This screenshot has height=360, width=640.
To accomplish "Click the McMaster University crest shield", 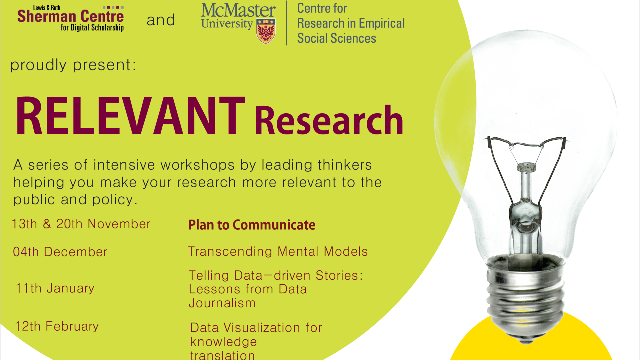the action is click(266, 31).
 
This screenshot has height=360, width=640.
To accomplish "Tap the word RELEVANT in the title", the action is click(130, 116).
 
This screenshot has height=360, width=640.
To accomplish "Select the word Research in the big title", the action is click(329, 120).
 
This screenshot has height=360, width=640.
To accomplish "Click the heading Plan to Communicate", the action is click(252, 225).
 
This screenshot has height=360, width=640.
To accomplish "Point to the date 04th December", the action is click(60, 252).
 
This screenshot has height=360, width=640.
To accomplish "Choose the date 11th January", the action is click(55, 288).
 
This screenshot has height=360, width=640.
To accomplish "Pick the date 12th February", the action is click(57, 326).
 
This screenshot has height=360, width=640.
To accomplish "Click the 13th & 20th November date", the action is click(81, 224).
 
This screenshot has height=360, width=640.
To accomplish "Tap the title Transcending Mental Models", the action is click(278, 251).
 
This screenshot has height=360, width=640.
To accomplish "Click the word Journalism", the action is click(222, 303).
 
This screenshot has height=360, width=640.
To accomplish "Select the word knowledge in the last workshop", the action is click(223, 342).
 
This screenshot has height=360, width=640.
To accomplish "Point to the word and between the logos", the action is click(161, 20).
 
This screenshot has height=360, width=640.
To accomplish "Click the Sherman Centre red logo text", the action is click(70, 16).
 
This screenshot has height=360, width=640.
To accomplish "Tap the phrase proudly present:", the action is click(73, 65).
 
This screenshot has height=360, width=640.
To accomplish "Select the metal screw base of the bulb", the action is click(526, 298).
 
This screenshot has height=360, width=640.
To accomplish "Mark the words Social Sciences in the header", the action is click(336, 38).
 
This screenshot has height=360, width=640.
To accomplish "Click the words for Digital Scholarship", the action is click(92, 28).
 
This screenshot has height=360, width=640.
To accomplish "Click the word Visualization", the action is click(262, 328).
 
